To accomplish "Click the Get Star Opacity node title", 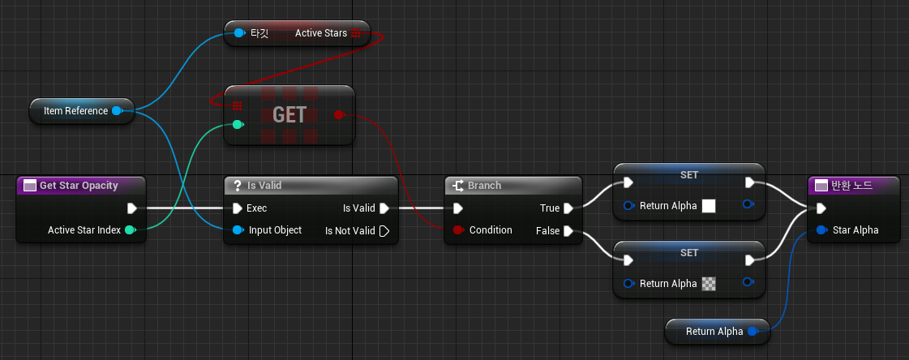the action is (x=79, y=186).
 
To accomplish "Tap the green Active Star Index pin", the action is (x=130, y=230).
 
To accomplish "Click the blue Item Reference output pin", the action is (x=117, y=110).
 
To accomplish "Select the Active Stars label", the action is (x=321, y=33).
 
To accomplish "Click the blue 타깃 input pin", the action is (x=238, y=33).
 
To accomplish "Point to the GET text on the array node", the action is (x=289, y=115).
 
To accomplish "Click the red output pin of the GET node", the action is (x=339, y=115).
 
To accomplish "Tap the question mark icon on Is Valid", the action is (x=238, y=186).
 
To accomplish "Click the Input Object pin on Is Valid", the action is (x=238, y=230).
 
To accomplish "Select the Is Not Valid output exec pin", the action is (x=384, y=231).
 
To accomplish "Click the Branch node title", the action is (x=484, y=186).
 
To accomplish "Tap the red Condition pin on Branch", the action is (x=458, y=230).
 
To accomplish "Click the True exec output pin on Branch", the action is (x=568, y=208).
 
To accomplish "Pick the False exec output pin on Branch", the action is (x=568, y=231).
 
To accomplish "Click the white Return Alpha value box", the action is (x=709, y=206).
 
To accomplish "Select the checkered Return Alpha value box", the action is (x=709, y=284).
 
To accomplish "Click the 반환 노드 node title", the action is (x=851, y=186).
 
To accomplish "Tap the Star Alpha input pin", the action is (x=821, y=230).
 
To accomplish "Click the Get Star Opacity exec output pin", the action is (x=131, y=208).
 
